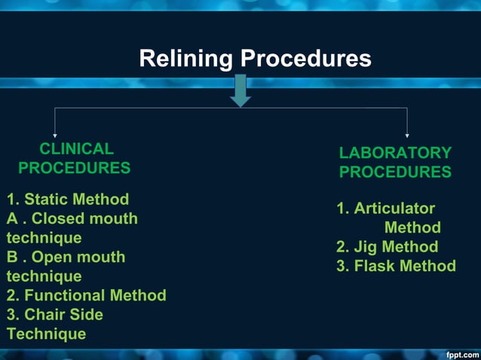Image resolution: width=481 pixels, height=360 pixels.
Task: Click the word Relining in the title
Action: tap(185, 59)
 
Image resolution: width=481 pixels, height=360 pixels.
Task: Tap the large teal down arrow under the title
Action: tap(240, 90)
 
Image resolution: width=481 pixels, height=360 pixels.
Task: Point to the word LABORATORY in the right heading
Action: tap(395, 153)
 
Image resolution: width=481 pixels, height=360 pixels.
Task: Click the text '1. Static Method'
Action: tap(68, 200)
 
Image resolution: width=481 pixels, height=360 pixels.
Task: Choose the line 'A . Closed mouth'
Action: tap(72, 218)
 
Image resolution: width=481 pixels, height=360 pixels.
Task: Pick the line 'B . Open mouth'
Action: tap(66, 257)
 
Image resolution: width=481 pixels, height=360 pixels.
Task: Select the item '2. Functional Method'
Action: tap(86, 295)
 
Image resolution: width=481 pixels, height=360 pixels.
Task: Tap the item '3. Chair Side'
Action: tap(55, 314)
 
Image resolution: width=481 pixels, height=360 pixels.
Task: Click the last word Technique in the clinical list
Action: tap(47, 334)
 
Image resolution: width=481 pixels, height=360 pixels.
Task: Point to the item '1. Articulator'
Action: tap(385, 209)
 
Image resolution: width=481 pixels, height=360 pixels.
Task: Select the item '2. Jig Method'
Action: tap(387, 246)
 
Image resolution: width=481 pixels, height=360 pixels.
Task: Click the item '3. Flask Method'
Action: tap(396, 266)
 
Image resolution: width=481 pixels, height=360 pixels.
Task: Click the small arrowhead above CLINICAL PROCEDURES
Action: tap(55, 134)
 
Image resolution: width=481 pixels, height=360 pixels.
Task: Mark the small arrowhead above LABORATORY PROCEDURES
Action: tap(408, 134)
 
